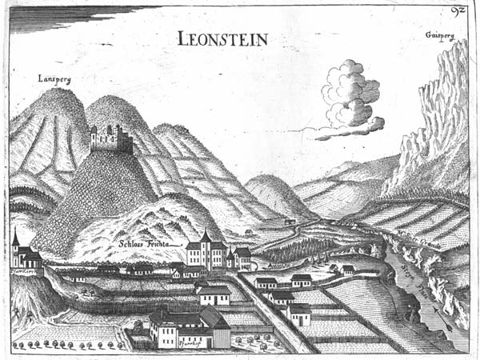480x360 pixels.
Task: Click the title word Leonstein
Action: tap(223, 38)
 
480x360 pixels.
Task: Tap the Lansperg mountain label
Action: tap(54, 78)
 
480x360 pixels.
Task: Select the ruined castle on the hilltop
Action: tap(111, 139)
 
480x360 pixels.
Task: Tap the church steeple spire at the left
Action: tap(15, 238)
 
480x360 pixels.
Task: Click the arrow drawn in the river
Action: tap(433, 307)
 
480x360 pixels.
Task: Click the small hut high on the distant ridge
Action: tap(289, 222)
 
